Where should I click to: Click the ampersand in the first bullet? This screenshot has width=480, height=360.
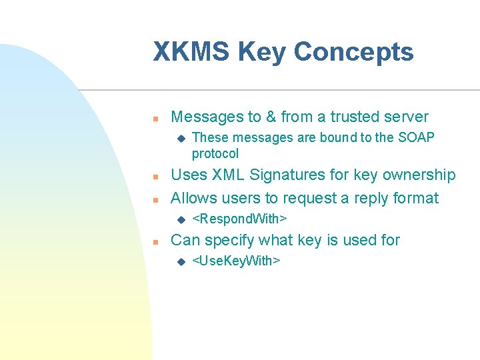pos(271,117)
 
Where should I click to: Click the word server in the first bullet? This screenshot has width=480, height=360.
pos(405,117)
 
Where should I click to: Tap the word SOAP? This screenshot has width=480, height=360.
pos(416,137)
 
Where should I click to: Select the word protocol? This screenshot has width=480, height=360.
pos(215,153)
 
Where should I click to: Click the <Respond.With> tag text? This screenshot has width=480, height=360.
pos(239,219)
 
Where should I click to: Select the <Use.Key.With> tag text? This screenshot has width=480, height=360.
pos(236,260)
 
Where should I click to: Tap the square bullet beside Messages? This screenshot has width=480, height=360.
pos(154,119)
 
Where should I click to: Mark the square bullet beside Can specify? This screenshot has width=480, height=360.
pos(154,241)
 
